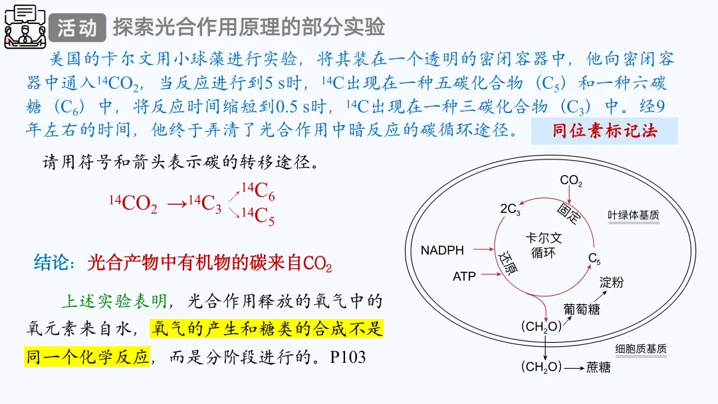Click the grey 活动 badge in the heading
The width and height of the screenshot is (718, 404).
click(76, 27)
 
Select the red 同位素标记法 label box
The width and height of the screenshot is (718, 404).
click(604, 131)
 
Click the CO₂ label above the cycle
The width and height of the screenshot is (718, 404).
click(571, 181)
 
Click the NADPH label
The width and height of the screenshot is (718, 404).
click(443, 251)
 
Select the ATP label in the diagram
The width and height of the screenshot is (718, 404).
click(464, 276)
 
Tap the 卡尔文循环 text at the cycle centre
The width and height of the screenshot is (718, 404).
click(543, 245)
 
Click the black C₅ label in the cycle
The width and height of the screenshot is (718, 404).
click(594, 258)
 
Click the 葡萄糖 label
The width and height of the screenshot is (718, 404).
click(582, 309)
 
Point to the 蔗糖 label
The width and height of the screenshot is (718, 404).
click(598, 367)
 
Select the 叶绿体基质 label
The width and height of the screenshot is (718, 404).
click(634, 215)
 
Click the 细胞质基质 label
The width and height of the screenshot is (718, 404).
click(640, 349)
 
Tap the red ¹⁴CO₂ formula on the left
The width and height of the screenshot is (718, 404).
click(134, 203)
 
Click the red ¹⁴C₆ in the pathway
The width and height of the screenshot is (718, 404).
click(258, 192)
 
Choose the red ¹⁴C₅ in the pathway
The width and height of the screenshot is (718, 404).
click(258, 217)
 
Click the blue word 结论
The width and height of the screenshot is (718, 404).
click(51, 263)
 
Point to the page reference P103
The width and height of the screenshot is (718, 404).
click(348, 357)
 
